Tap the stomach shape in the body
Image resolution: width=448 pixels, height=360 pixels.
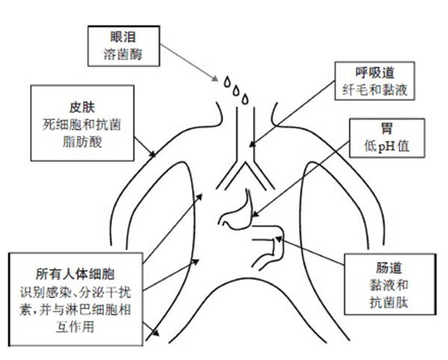[x=237, y=211]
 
